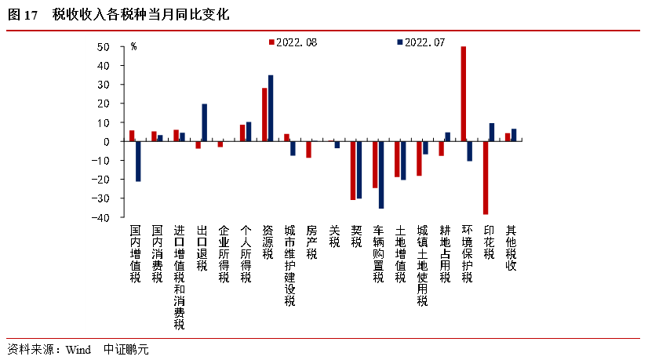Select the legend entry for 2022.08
point(294,42)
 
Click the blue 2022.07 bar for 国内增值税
point(138,161)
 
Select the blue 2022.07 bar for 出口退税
point(205,122)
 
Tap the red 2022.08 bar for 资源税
point(264,115)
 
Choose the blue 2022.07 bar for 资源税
point(271,108)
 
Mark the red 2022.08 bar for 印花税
point(486,177)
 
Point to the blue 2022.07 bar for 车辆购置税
point(381,174)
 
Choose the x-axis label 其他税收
point(511,248)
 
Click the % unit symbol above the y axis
point(134,46)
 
